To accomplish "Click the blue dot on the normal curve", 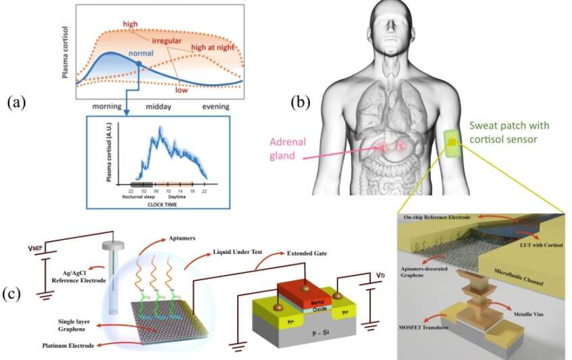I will click(138, 63).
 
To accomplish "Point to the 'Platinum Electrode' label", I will click(57, 347).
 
